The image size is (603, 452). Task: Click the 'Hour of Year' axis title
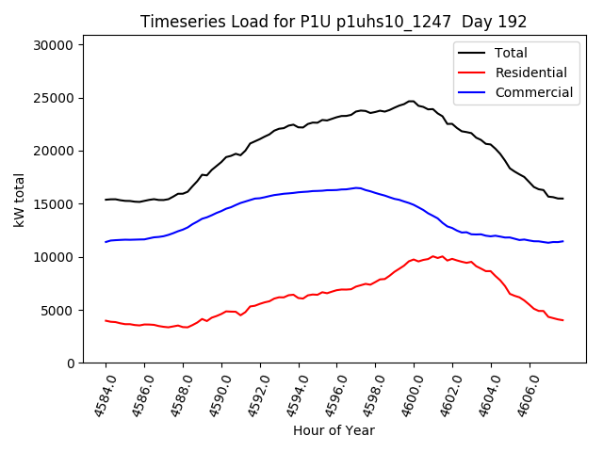point(334,430)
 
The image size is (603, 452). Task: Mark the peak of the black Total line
point(411,101)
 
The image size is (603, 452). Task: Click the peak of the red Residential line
point(432,255)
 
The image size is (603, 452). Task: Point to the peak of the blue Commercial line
point(357,187)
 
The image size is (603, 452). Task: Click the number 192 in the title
point(513,22)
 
